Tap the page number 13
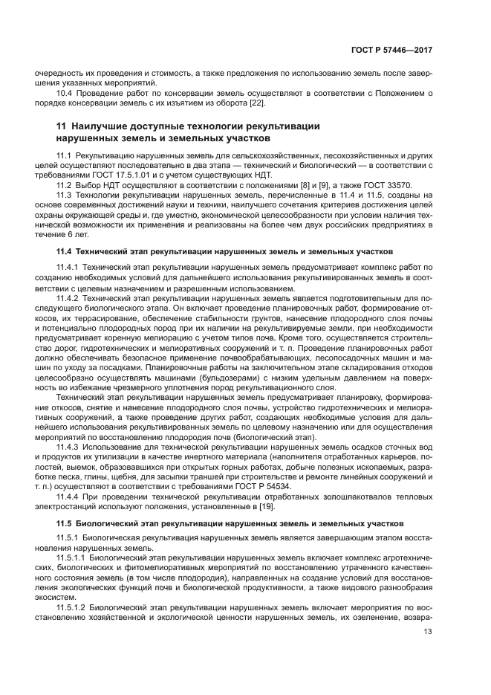point(427,632)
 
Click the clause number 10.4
point(65,93)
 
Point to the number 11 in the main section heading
point(62,126)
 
